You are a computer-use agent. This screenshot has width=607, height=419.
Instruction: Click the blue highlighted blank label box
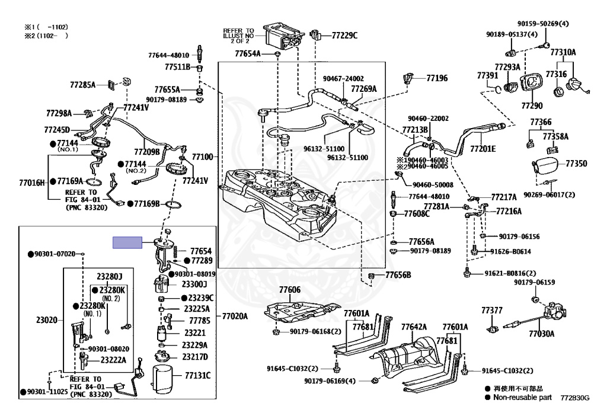(x=127, y=242)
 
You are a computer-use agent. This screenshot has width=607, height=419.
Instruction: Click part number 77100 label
(x=203, y=156)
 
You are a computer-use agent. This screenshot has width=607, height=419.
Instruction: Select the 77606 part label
(x=289, y=290)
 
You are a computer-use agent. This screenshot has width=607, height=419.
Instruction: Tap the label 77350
(x=576, y=164)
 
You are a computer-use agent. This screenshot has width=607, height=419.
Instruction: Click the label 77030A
(x=541, y=334)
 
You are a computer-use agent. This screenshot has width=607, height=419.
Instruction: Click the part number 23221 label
(x=194, y=332)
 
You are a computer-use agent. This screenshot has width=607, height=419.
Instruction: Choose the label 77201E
(x=483, y=149)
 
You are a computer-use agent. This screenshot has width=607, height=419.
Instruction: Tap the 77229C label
(x=344, y=36)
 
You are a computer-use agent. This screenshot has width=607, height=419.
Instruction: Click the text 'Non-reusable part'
(x=522, y=397)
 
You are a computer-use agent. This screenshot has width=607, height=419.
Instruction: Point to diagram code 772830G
(x=575, y=398)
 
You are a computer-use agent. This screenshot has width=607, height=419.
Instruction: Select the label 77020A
(x=235, y=316)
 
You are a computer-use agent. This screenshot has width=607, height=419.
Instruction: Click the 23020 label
(x=46, y=320)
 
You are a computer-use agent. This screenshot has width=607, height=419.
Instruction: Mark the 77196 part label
(x=437, y=78)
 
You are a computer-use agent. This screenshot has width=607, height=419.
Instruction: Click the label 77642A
(x=414, y=327)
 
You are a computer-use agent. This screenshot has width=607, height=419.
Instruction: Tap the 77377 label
(x=491, y=311)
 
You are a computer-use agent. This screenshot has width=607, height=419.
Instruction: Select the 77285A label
(x=82, y=84)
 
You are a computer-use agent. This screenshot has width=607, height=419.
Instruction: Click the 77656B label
(x=398, y=275)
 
